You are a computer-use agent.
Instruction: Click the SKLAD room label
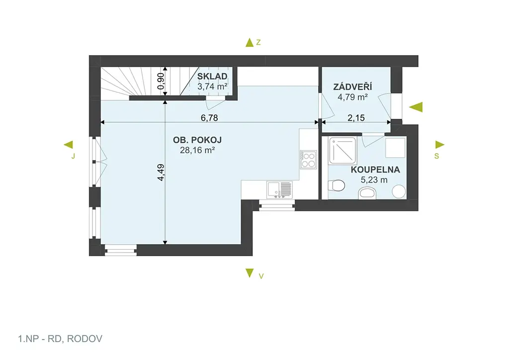click(212, 76)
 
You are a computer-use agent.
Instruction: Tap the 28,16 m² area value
click(197, 150)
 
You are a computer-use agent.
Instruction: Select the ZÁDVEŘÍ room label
click(352, 87)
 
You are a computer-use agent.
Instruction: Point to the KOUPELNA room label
click(375, 170)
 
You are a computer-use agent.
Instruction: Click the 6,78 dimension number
click(209, 117)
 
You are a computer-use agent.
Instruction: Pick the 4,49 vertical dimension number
click(161, 173)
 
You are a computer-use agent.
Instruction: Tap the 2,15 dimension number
click(356, 117)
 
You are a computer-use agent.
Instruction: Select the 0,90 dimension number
click(161, 81)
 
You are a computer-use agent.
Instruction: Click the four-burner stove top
click(308, 160)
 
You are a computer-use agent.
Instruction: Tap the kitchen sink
click(279, 189)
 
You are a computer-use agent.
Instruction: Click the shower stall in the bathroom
click(342, 151)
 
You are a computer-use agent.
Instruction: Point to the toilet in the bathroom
click(337, 186)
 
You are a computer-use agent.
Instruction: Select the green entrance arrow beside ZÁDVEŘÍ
click(416, 107)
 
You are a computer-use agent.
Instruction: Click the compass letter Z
click(258, 42)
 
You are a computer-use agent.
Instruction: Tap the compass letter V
click(261, 276)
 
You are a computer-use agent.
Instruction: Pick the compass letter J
click(73, 156)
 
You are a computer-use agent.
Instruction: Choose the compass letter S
click(436, 156)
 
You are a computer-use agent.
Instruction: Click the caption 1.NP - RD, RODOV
click(60, 339)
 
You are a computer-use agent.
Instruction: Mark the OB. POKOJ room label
click(197, 140)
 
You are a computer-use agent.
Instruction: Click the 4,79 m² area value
click(352, 97)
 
